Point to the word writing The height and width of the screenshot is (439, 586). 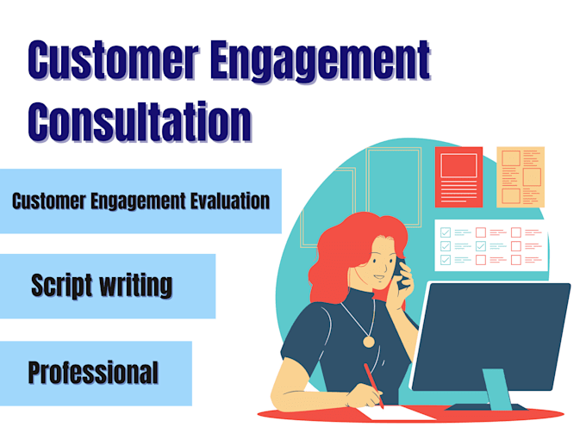tap(134, 285)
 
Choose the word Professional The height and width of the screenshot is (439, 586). tap(93, 372)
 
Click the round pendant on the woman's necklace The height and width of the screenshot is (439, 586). tap(369, 341)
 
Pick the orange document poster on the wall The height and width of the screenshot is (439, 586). tap(520, 176)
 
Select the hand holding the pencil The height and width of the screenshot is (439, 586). tap(361, 398)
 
